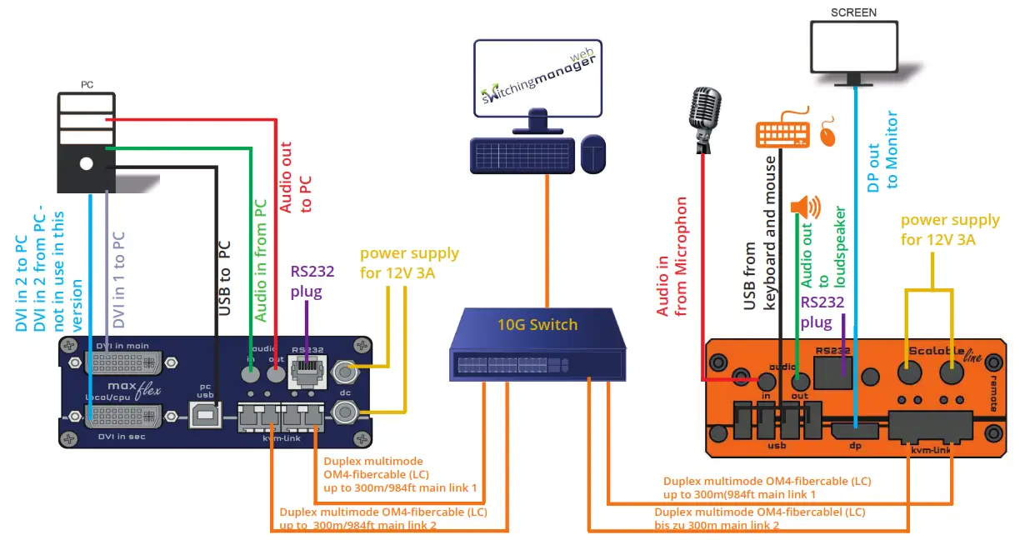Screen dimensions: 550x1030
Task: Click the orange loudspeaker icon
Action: pos(805,206)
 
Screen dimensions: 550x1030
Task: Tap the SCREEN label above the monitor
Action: pos(853,12)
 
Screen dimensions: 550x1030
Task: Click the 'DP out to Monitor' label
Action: pos(882,151)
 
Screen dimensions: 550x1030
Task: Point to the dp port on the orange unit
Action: pos(855,432)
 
